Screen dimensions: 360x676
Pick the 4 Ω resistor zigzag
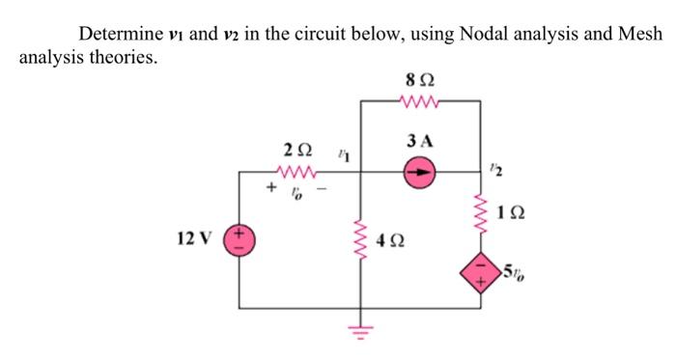(363, 241)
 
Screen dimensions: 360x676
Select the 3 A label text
(420, 141)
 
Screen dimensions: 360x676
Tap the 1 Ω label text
(511, 211)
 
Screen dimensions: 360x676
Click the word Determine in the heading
(118, 35)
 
